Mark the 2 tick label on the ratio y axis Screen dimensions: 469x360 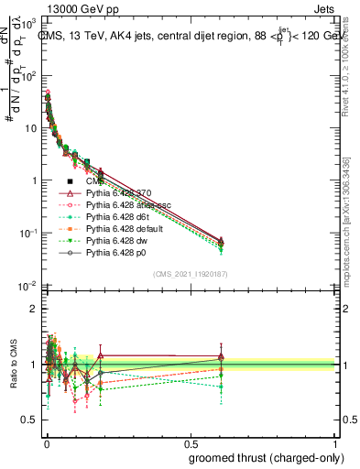pos(30,309)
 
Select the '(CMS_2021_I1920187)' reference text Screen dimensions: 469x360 pos(191,274)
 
